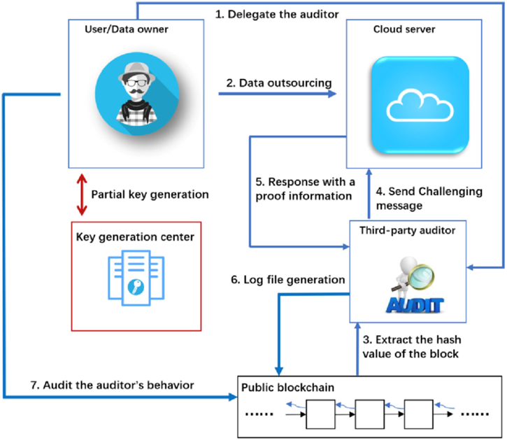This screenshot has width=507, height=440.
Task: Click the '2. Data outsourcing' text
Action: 278,83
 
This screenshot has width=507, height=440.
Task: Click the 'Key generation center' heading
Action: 136,236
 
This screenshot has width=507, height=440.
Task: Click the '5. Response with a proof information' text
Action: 304,189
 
